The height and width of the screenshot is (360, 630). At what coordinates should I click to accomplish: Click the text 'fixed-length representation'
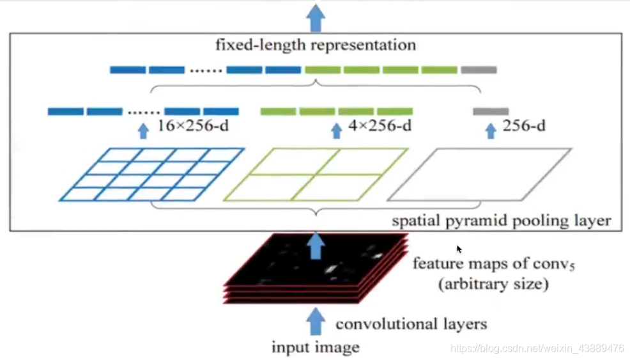[315, 45]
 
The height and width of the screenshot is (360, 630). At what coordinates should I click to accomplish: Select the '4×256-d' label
[380, 127]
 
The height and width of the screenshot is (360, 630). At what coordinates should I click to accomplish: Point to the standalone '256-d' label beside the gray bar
[524, 127]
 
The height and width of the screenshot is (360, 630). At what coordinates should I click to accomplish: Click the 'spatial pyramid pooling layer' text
[502, 221]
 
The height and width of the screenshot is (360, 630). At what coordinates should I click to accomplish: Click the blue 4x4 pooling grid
[152, 175]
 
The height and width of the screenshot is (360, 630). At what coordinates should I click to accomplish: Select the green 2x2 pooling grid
[315, 175]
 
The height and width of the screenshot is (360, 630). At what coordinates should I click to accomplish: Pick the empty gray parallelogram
[479, 175]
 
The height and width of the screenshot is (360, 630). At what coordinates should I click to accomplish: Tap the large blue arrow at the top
[315, 17]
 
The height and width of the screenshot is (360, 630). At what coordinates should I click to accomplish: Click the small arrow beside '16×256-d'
[143, 130]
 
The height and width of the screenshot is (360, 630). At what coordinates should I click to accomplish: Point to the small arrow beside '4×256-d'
[336, 130]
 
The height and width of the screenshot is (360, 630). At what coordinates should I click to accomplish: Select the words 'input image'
[316, 348]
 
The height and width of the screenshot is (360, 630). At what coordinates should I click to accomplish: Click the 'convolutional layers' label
[411, 324]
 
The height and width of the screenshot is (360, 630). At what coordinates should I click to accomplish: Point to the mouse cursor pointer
[459, 249]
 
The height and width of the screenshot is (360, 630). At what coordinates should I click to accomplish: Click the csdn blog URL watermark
[537, 348]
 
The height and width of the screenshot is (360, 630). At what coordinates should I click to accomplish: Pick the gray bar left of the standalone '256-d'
[491, 111]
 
